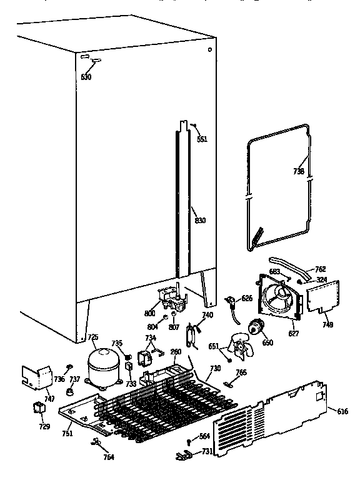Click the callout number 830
(x=200, y=220)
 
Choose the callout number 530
(x=86, y=77)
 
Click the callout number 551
(x=202, y=139)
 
